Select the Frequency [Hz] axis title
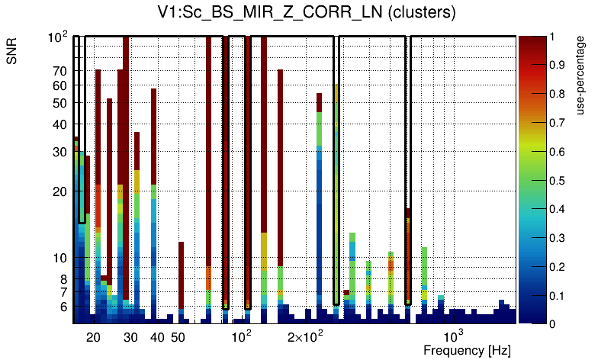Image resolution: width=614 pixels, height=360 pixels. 467,350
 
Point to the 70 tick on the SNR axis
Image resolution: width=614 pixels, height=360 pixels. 59,71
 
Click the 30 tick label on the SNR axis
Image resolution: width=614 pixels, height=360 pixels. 59,152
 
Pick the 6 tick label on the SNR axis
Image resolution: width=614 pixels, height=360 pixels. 63,307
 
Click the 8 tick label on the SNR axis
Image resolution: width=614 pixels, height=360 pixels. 63,279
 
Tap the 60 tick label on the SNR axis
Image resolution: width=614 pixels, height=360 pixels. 59,86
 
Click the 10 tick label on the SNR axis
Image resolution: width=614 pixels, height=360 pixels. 60,258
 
